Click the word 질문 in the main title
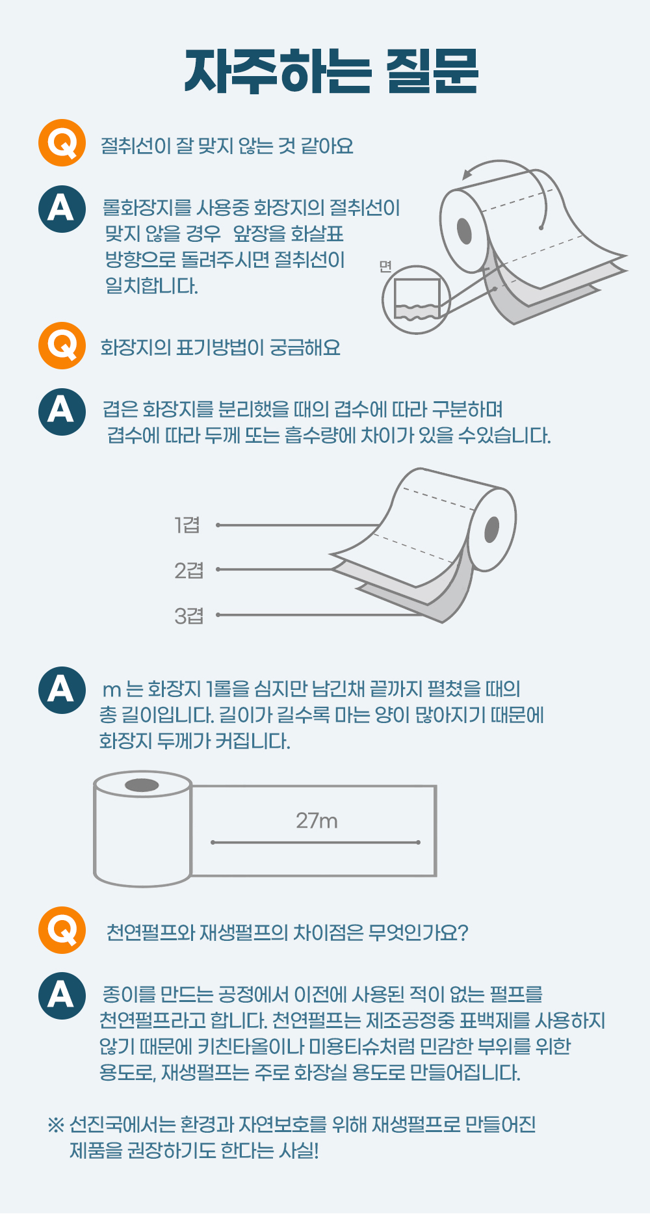click(432, 71)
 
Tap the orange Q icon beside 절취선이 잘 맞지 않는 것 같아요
click(62, 142)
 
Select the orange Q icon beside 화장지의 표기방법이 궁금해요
click(62, 345)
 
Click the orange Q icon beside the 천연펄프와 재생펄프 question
click(62, 930)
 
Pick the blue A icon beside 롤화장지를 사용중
click(62, 209)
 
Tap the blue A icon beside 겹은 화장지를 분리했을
click(62, 411)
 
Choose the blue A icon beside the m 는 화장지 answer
click(62, 690)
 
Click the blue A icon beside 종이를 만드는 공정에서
click(62, 996)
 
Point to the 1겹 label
click(187, 525)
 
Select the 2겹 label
click(188, 570)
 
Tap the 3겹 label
click(188, 615)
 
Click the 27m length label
click(317, 821)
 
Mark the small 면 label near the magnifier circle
click(385, 266)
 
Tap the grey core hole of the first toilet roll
click(464, 231)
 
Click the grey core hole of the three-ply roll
click(492, 529)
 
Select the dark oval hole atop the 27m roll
click(142, 785)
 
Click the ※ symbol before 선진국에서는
click(56, 1124)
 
